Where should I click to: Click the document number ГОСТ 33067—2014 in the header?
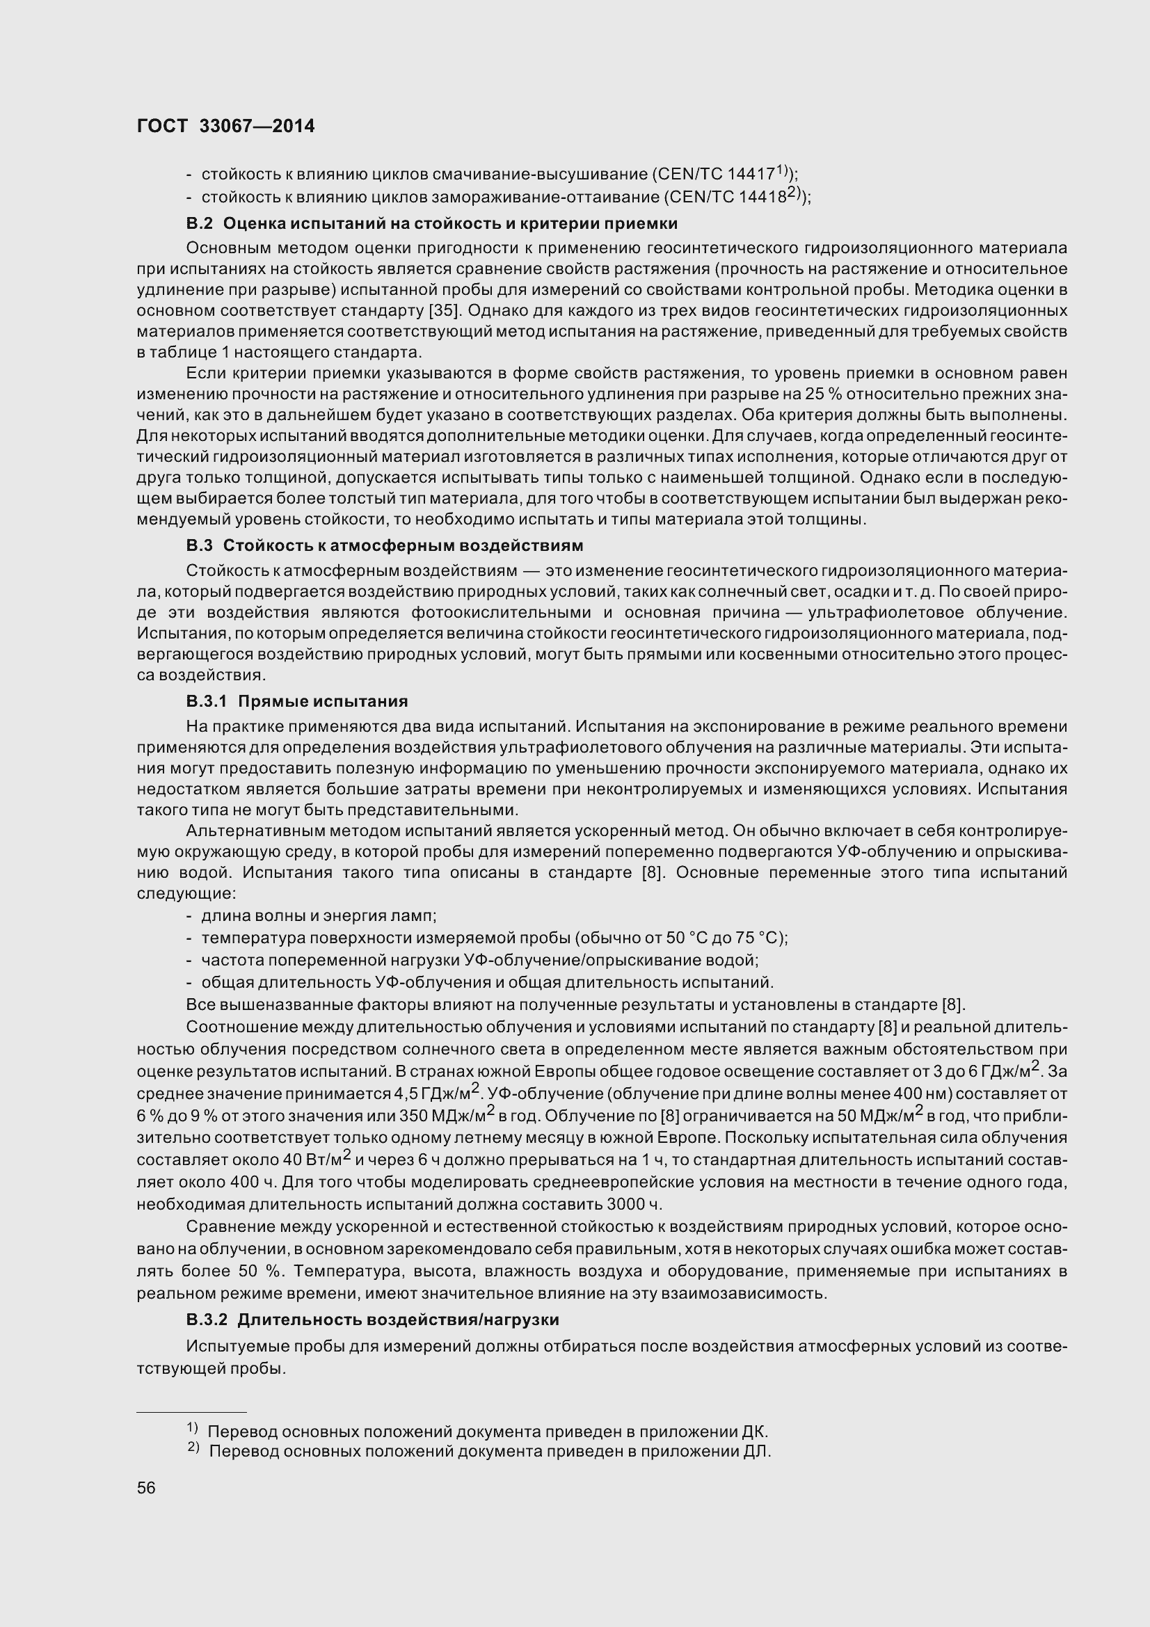click(226, 126)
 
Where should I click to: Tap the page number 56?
click(146, 1487)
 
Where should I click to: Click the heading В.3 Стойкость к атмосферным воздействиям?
click(385, 545)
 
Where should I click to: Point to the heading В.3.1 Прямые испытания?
click(297, 702)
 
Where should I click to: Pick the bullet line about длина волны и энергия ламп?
click(319, 916)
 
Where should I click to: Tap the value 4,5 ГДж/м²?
click(440, 1093)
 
